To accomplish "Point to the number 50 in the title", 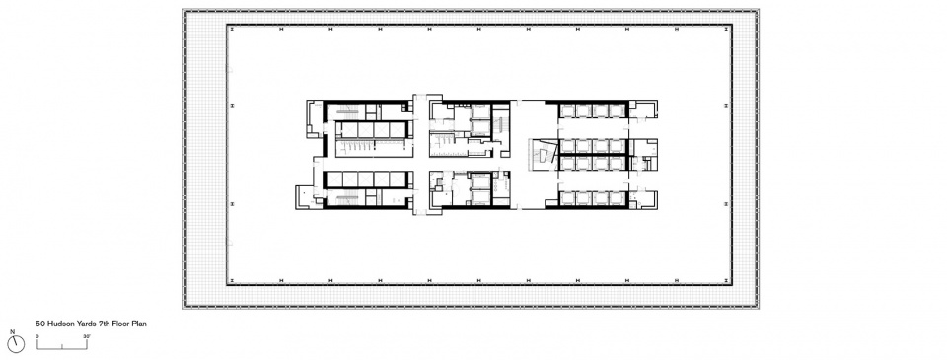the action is pyautogui.click(x=39, y=324).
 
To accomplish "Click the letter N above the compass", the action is pyautogui.click(x=12, y=331).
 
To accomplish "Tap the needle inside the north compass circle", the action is pyautogui.click(x=15, y=344).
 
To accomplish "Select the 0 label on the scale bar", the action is pyautogui.click(x=37, y=336).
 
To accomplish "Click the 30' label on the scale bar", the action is pyautogui.click(x=87, y=336).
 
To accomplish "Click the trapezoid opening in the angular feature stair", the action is pyautogui.click(x=543, y=156).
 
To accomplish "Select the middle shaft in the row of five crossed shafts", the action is pyautogui.click(x=365, y=180).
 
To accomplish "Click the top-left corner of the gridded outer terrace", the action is pyautogui.click(x=184, y=10).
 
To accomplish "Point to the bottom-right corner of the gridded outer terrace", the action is pyautogui.click(x=758, y=308).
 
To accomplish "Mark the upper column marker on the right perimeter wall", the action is pyautogui.click(x=725, y=106).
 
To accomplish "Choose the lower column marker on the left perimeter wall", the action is pyautogui.click(x=233, y=204).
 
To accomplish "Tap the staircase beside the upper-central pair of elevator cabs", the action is pyautogui.click(x=501, y=125).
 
